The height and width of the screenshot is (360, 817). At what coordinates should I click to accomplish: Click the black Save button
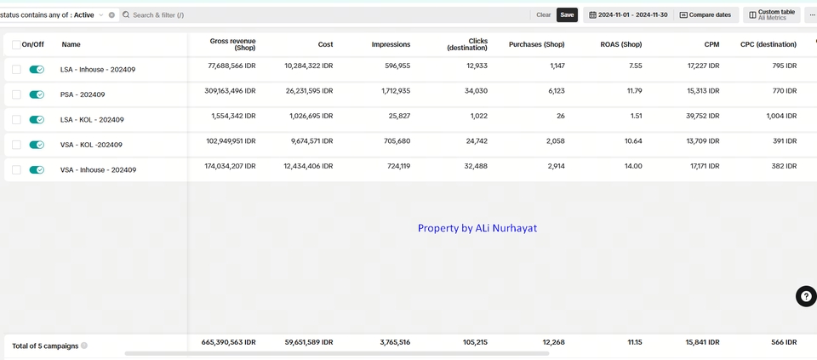point(567,14)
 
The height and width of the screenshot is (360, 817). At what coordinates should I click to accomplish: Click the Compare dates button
point(705,14)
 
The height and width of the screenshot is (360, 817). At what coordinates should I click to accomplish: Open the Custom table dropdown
point(772,14)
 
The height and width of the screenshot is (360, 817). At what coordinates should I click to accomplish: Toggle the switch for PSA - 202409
point(37,94)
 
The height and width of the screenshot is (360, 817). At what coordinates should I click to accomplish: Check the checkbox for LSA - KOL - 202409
point(16,120)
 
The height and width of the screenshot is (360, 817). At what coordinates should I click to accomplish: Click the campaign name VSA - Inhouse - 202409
point(98,170)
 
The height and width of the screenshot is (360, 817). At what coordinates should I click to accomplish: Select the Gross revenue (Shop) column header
point(232,44)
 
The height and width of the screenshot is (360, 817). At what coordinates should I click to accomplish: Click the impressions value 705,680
point(391,141)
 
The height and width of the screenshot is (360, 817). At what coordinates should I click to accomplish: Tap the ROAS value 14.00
point(631,166)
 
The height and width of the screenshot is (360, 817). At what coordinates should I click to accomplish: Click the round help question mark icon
point(806,296)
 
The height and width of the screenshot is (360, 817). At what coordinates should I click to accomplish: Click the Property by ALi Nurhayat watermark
point(477,228)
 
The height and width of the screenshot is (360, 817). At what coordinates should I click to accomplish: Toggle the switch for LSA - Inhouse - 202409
point(37,70)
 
